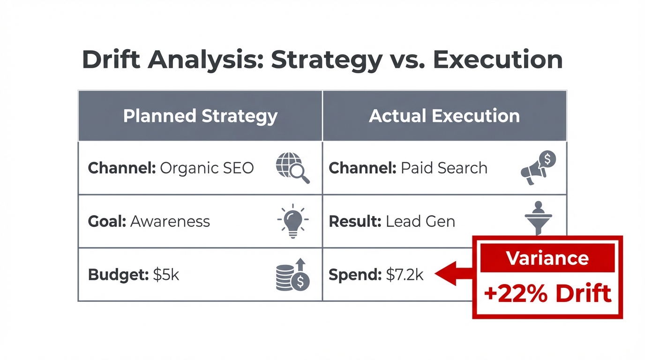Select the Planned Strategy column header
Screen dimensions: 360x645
[200, 116]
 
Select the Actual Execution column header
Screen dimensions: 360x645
[444, 116]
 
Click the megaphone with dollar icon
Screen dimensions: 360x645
[538, 167]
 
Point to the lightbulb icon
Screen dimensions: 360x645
[293, 221]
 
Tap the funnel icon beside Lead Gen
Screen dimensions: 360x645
[538, 219]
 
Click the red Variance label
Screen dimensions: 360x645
[547, 258]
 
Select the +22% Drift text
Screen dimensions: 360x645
[547, 293]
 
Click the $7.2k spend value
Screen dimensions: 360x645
[405, 275]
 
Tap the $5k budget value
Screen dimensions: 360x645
[166, 275]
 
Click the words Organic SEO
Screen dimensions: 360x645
[207, 168]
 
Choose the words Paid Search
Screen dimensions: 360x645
[444, 168]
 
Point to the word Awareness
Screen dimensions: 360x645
[170, 221]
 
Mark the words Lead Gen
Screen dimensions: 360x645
[420, 221]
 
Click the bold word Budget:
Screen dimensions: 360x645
[118, 275]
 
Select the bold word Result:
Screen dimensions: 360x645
[355, 221]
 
